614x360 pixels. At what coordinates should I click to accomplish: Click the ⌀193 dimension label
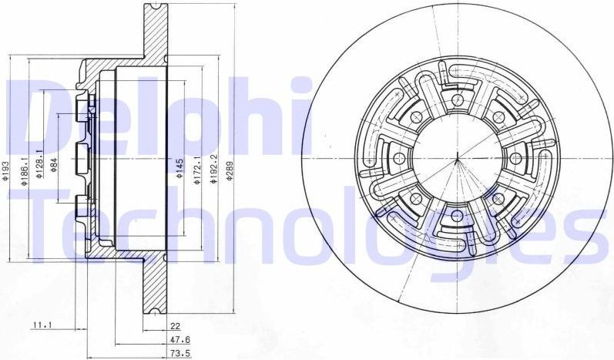[x=6, y=170]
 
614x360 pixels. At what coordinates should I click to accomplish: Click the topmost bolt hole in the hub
[x=458, y=100]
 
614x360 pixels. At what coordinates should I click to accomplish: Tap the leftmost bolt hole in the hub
[x=400, y=158]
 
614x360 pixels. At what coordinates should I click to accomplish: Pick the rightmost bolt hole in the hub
[x=515, y=157]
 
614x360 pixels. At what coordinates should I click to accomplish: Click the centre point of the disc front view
[x=457, y=158]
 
